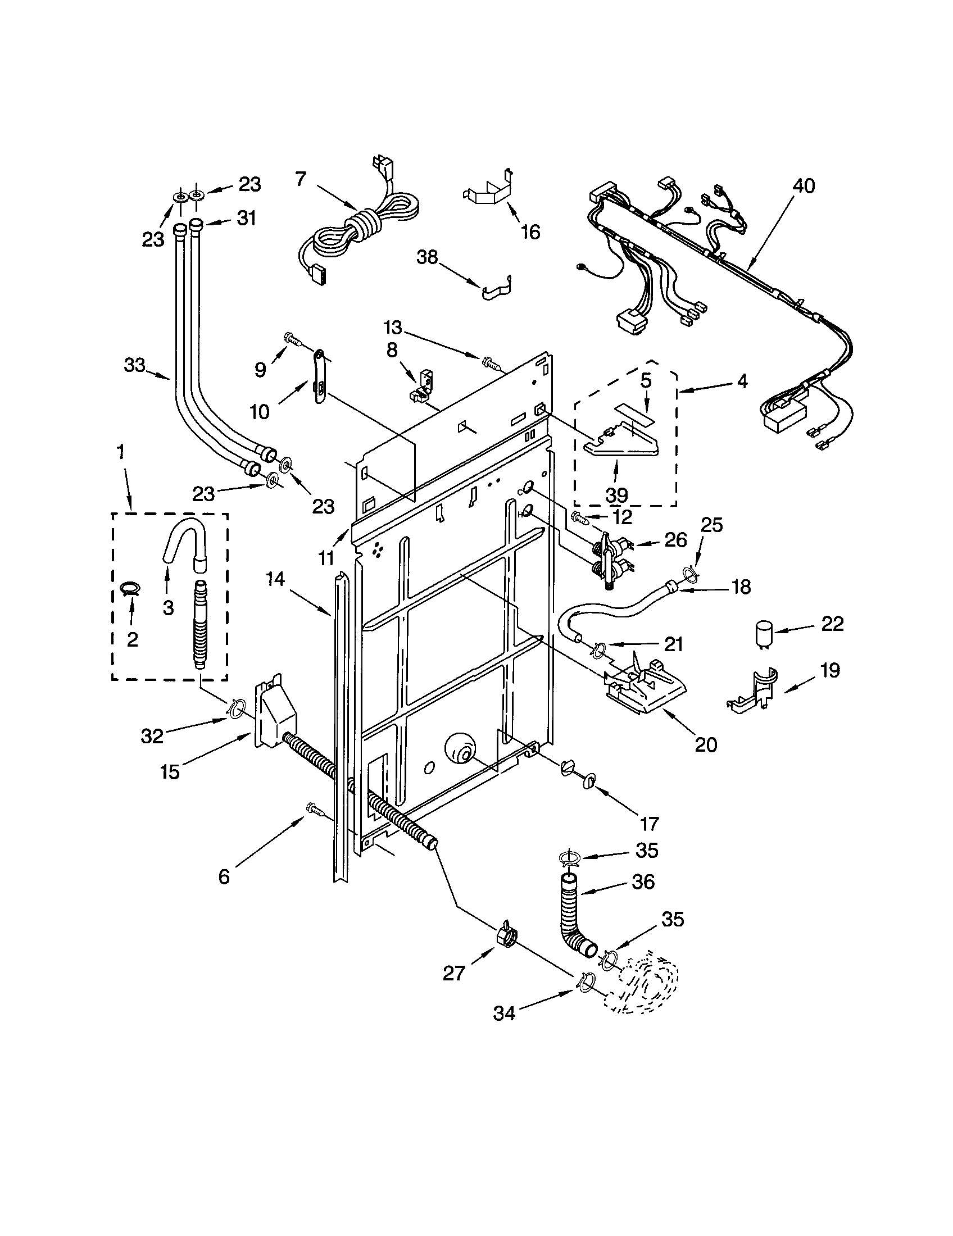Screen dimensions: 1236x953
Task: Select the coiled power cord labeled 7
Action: click(362, 224)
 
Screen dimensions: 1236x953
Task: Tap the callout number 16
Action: click(530, 231)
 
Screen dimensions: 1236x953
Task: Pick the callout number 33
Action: click(135, 366)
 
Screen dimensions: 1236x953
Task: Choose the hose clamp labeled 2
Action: click(131, 589)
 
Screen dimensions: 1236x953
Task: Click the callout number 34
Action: click(503, 1012)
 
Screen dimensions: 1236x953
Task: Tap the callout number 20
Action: click(705, 744)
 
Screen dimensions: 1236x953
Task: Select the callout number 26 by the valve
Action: click(675, 540)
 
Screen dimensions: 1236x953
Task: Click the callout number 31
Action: click(246, 218)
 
